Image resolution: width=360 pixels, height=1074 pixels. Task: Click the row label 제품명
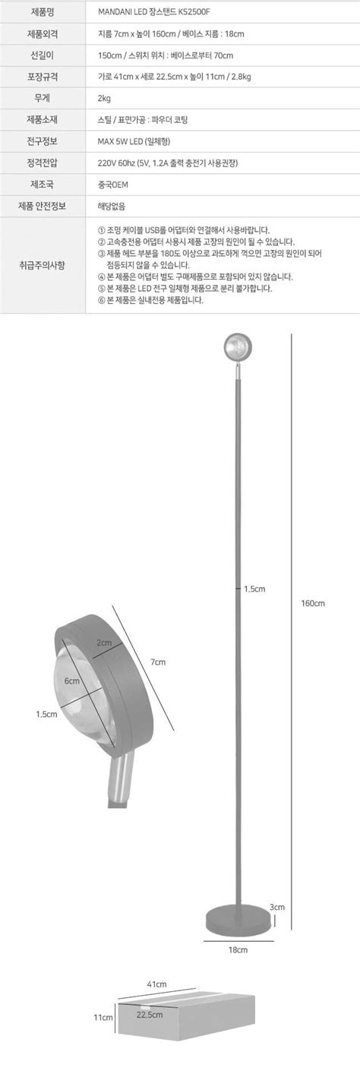(x=43, y=12)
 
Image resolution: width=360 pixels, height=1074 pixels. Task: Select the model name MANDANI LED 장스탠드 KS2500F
(x=154, y=12)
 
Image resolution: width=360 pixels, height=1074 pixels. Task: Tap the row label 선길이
(x=43, y=55)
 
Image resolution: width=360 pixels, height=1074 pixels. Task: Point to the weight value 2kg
(x=104, y=99)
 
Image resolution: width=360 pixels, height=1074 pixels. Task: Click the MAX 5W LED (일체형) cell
(x=134, y=141)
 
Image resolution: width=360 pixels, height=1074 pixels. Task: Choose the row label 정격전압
(x=43, y=163)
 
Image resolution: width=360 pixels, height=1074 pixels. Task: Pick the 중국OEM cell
(x=112, y=185)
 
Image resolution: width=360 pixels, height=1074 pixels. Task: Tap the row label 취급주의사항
(x=43, y=265)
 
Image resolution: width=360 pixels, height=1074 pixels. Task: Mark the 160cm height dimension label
(x=313, y=603)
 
